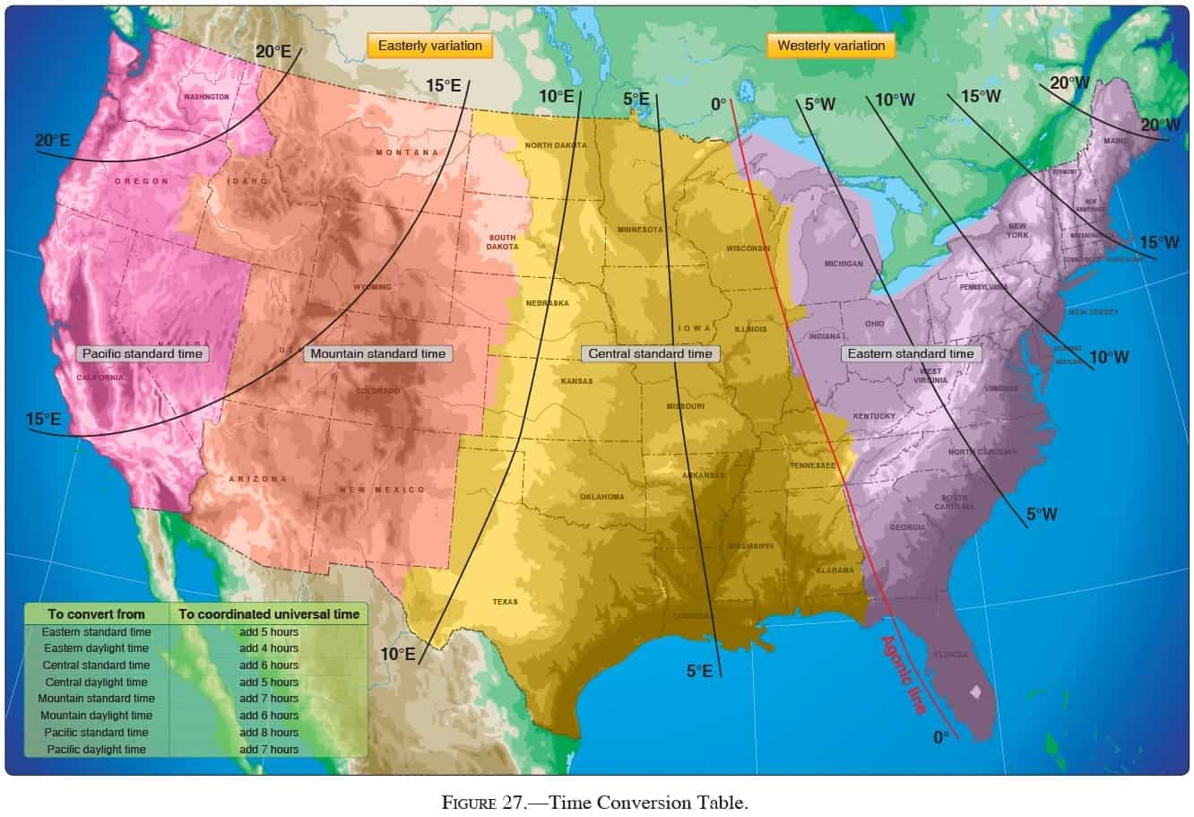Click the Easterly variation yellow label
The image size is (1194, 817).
[x=429, y=46]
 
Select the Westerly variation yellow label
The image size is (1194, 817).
[x=830, y=46]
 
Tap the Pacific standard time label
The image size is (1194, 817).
[x=143, y=353]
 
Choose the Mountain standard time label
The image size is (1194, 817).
[x=377, y=353]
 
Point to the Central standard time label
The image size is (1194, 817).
[x=650, y=353]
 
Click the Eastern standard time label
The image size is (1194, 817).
[x=910, y=353]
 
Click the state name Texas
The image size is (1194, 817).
[x=505, y=602]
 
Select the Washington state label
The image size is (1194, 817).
[x=206, y=97]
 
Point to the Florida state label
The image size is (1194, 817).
[x=950, y=655]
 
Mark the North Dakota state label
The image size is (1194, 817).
[x=556, y=145]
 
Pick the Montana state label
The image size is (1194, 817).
[x=407, y=152]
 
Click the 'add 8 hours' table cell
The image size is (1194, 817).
[x=269, y=733]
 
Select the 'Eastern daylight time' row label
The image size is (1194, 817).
[x=96, y=648]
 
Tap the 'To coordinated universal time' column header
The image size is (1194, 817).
[x=269, y=614]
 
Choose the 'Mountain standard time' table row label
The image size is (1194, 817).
[x=96, y=699]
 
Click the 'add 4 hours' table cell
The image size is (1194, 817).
[x=269, y=648]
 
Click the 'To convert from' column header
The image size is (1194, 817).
[x=96, y=614]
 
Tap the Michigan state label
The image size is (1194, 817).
[x=844, y=264]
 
